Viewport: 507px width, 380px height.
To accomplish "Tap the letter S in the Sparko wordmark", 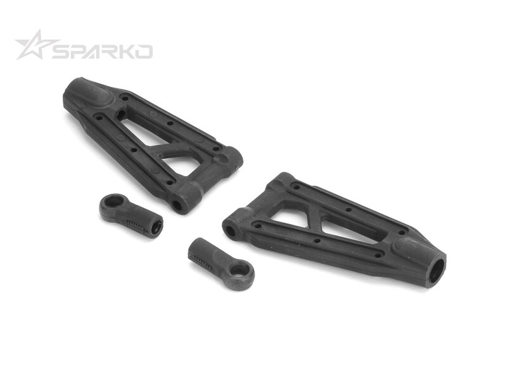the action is pos(61,52).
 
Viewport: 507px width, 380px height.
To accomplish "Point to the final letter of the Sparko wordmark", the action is pos(144,52).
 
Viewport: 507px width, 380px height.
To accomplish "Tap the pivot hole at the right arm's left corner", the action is pos(231,231).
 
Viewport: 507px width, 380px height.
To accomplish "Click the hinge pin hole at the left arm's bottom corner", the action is pos(177,205).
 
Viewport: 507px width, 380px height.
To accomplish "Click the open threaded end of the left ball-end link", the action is pos(156,227).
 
